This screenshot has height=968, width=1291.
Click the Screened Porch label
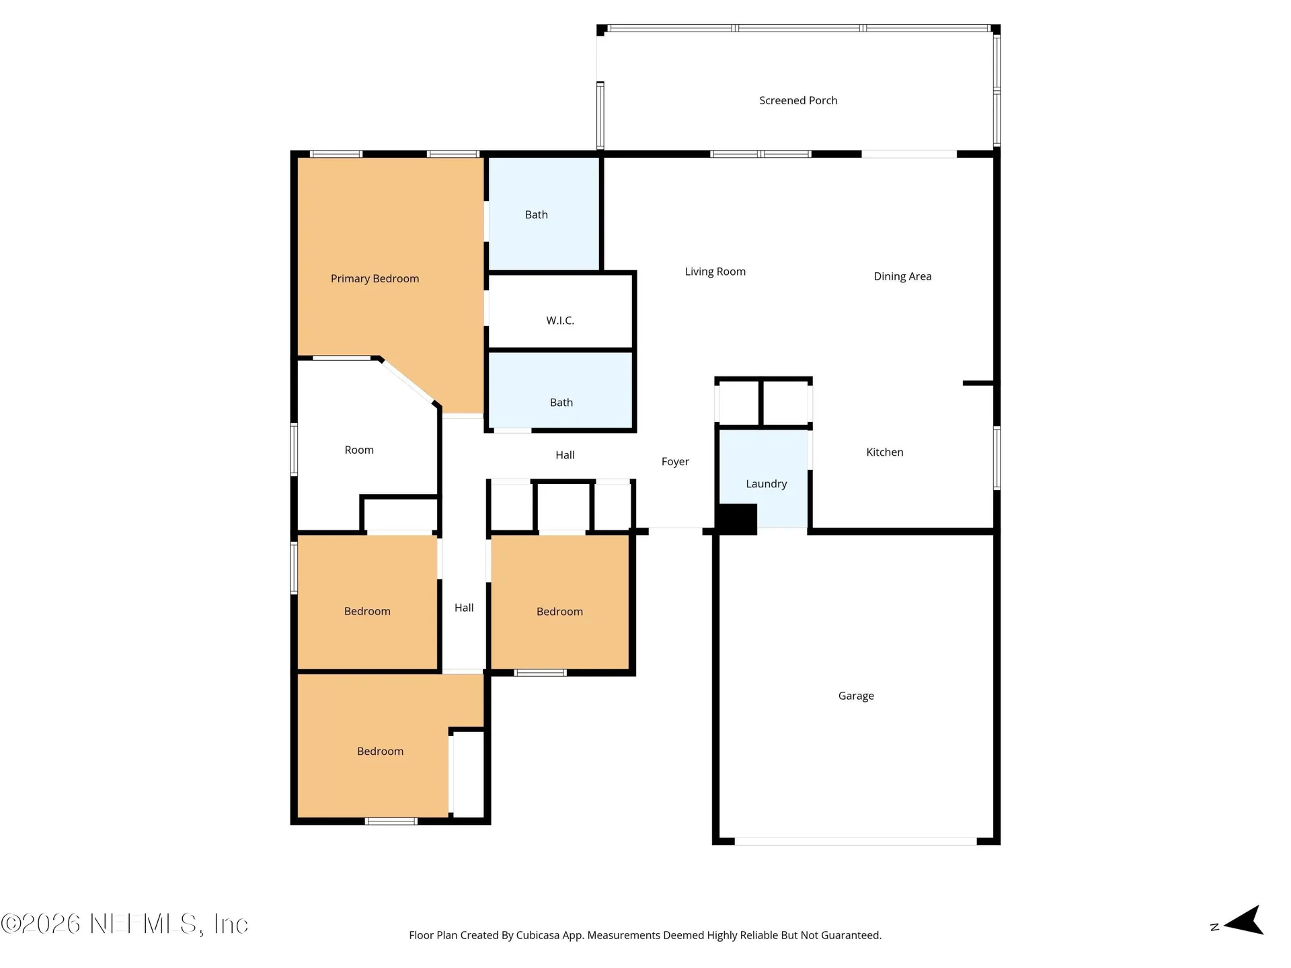tap(798, 100)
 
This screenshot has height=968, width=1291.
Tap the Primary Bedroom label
tap(375, 278)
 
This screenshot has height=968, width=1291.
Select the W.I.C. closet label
tap(560, 321)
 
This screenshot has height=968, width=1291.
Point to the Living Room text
tap(715, 272)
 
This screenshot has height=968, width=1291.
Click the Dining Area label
tap(902, 276)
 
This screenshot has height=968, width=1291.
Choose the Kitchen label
tap(885, 452)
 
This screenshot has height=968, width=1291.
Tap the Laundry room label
tap(766, 484)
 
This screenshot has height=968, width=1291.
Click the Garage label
tap(856, 696)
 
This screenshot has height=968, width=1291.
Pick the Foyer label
tap(675, 462)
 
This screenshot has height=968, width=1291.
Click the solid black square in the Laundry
tap(736, 520)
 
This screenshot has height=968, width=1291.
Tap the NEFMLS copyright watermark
tap(124, 924)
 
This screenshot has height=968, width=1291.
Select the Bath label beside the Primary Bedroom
tap(537, 214)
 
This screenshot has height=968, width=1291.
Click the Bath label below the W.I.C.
tap(561, 403)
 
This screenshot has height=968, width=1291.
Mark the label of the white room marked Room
tap(359, 450)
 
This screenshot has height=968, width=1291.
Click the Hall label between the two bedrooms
tap(464, 608)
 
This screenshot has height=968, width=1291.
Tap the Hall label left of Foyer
tap(565, 455)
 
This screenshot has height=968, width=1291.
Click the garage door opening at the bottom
tap(855, 841)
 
